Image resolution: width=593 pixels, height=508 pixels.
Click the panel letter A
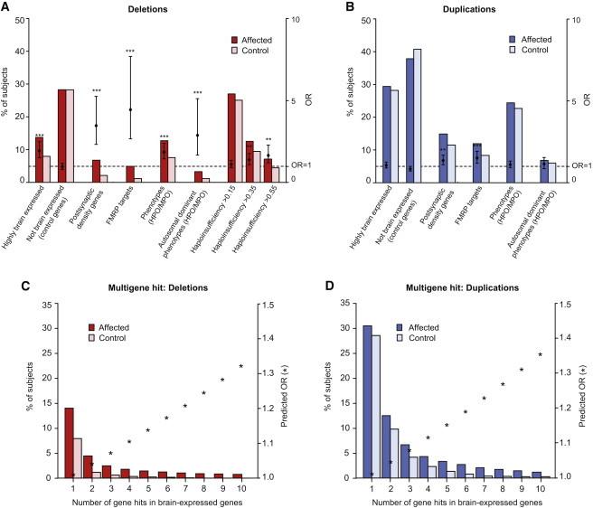click(6, 8)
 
